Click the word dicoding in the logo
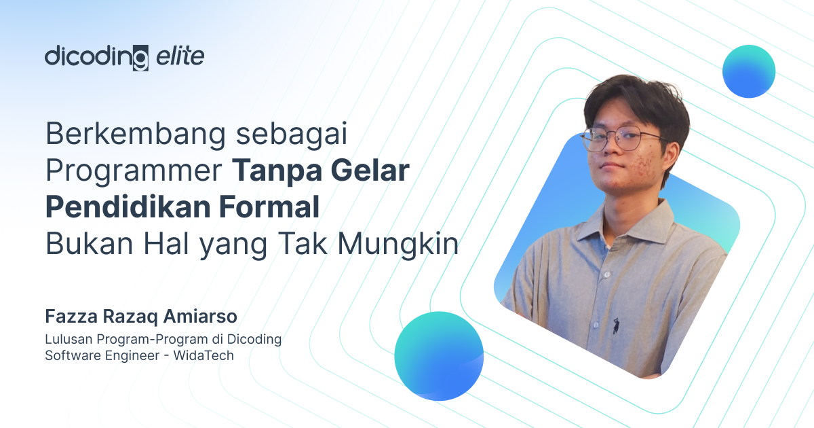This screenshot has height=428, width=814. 96,58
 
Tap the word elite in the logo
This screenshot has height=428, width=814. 180,56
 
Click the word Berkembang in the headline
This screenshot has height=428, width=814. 136,135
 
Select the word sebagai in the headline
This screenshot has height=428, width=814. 292,135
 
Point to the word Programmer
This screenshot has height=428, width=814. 134,171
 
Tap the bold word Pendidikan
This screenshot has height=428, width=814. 128,207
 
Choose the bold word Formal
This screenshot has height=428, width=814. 269,207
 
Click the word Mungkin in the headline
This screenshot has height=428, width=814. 398,244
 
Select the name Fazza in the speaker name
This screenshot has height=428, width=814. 71,316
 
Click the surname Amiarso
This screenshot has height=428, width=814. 200,316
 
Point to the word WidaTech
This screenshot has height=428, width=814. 203,355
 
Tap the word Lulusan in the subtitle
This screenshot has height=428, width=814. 69,339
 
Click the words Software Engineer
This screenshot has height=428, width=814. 102,355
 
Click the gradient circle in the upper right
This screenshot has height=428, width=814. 749,71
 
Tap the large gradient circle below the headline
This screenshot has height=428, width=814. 439,356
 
